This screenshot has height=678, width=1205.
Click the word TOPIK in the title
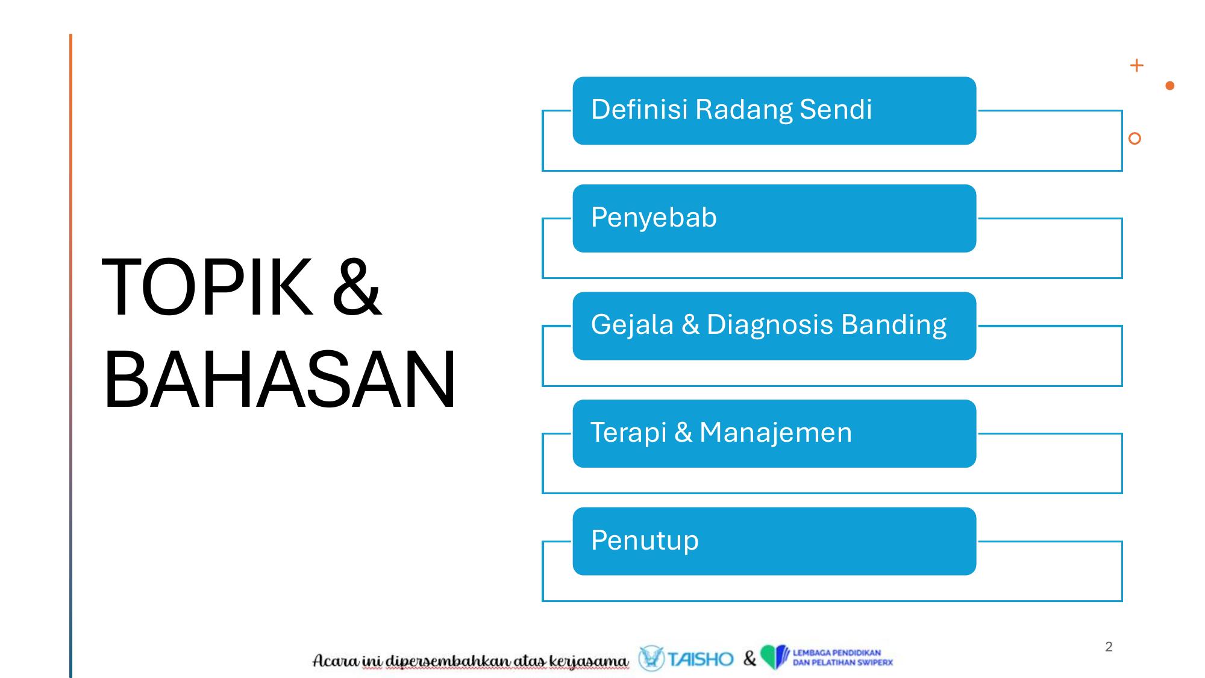(x=207, y=287)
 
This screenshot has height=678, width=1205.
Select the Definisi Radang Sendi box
(x=774, y=111)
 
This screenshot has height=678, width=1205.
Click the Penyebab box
(x=774, y=218)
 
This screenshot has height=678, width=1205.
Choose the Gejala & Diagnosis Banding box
(x=774, y=326)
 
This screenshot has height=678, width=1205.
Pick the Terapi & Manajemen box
(x=774, y=433)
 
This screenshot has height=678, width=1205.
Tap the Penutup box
(x=774, y=541)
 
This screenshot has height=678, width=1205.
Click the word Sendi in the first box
(x=836, y=110)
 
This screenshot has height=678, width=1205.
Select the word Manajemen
(x=776, y=433)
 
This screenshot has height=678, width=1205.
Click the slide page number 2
(x=1109, y=647)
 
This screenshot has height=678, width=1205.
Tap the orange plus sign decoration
(x=1136, y=65)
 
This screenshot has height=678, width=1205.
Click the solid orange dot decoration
(x=1170, y=86)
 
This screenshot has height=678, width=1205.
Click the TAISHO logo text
(x=700, y=659)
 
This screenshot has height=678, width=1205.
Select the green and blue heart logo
(x=774, y=657)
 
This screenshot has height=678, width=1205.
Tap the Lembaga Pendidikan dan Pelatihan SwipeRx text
(x=842, y=658)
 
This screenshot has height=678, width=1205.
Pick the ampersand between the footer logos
(x=749, y=659)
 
